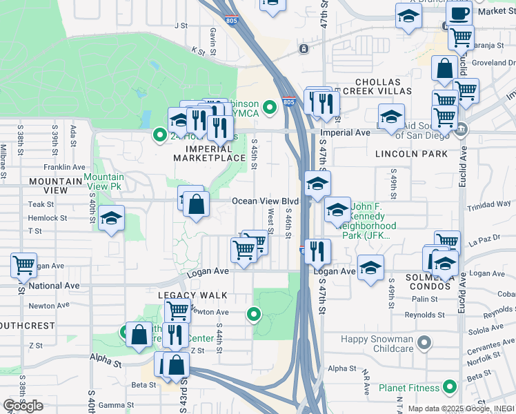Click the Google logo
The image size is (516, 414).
tap(23, 406)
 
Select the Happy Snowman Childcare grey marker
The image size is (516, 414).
tap(424, 342)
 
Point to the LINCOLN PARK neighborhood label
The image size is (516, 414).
tap(412, 153)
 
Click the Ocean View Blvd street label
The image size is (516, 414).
tap(265, 201)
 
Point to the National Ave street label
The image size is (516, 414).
tap(54, 286)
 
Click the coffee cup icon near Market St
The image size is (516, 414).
tap(459, 12)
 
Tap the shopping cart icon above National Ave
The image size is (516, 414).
tap(23, 264)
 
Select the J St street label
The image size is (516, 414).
tap(181, 26)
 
